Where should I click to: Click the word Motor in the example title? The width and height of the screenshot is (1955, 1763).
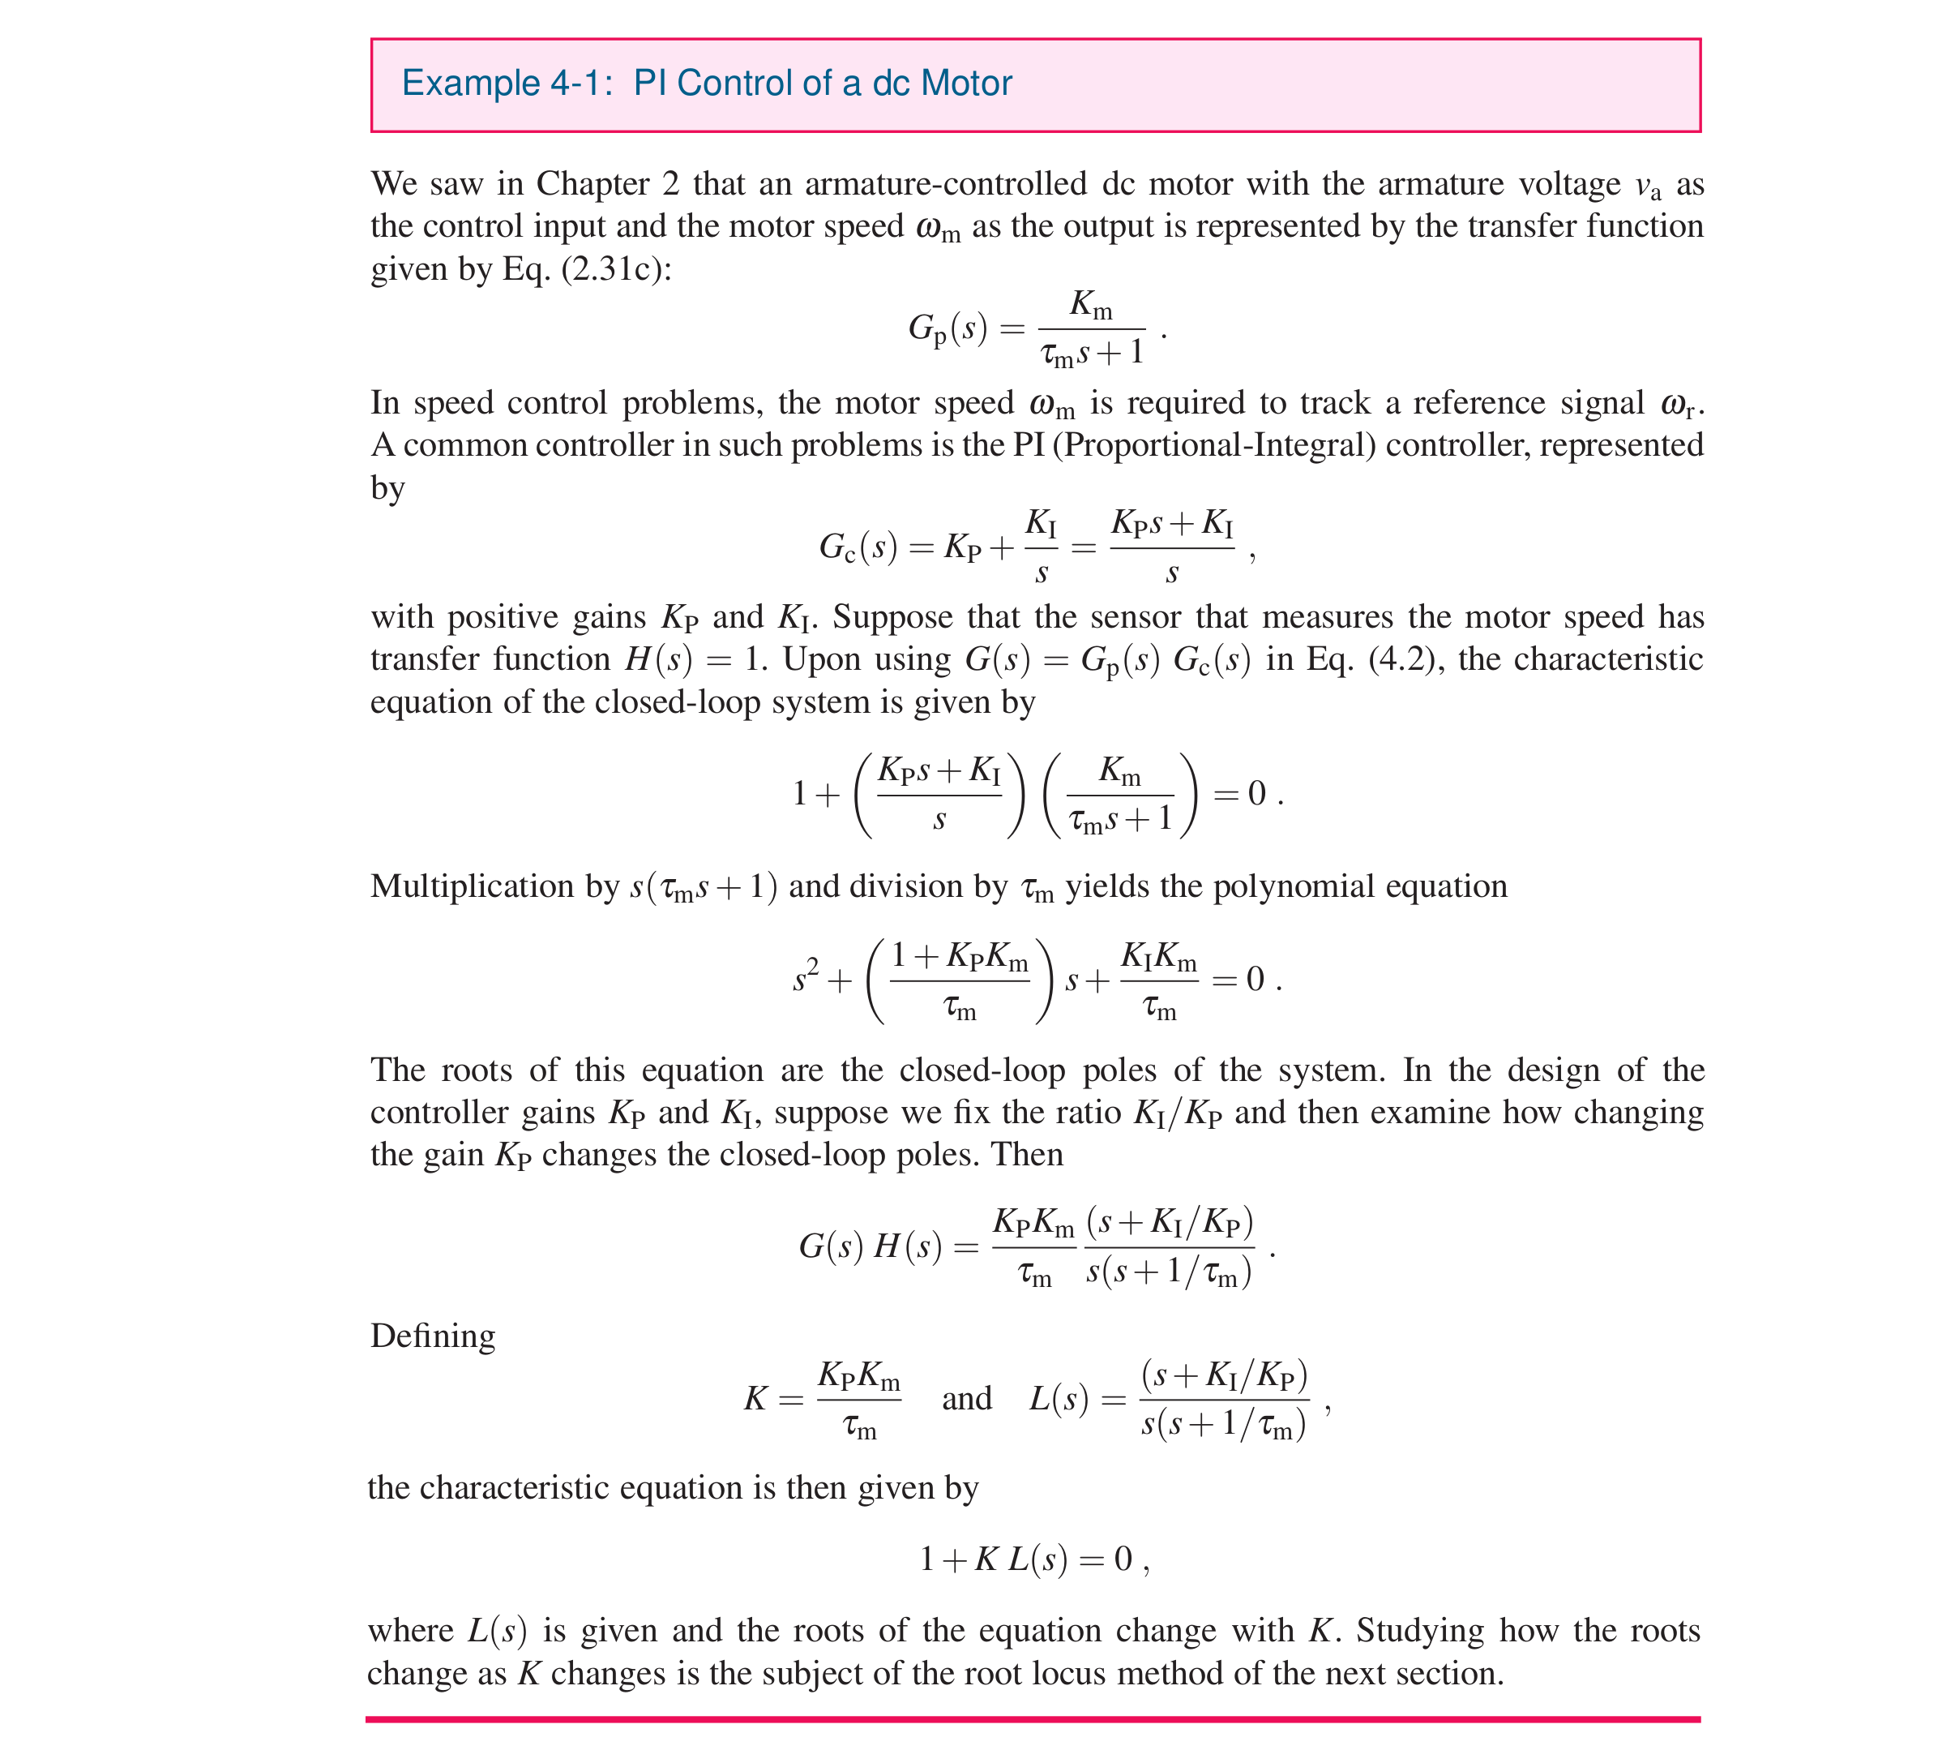tap(965, 84)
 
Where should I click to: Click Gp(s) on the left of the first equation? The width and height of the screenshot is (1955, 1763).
tap(947, 330)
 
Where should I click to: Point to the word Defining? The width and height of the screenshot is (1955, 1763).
tap(432, 1336)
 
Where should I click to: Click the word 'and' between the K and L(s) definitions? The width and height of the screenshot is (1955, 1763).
tap(966, 1398)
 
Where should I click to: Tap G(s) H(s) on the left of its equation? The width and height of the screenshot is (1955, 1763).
tap(870, 1246)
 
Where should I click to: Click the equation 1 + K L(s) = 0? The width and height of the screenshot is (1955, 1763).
tap(1032, 1559)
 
